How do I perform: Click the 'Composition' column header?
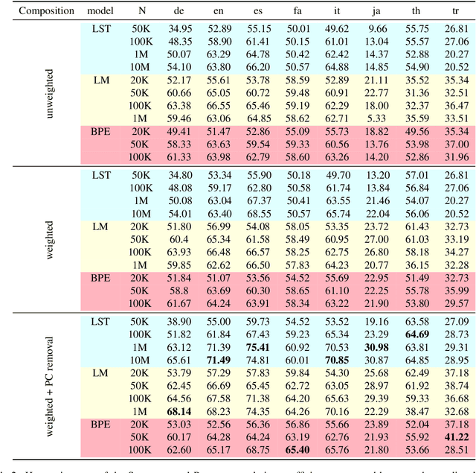[37, 11]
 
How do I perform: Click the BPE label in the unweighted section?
[100, 132]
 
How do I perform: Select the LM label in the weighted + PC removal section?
[100, 372]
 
